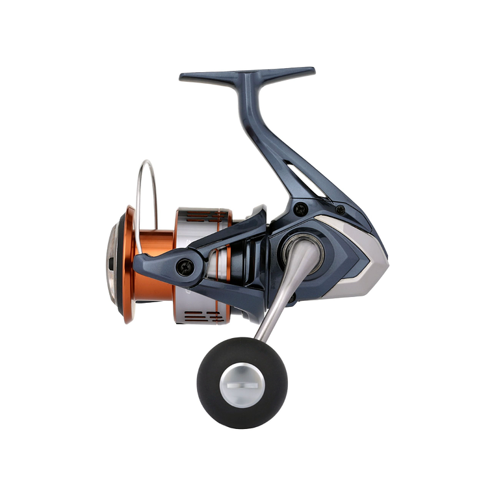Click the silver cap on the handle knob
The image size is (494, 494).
pyautogui.click(x=241, y=383)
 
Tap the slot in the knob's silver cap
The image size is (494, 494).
pyautogui.click(x=241, y=384)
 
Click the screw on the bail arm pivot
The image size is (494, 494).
pyautogui.click(x=187, y=266)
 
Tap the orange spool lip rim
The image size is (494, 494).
pyautogui.click(x=129, y=260)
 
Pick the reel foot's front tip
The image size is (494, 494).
pyautogui.click(x=186, y=77)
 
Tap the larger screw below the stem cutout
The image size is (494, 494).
pyautogui.click(x=300, y=209)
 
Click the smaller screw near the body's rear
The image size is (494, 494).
pyautogui.click(x=339, y=209)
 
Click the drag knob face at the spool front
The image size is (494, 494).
pyautogui.click(x=110, y=263)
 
